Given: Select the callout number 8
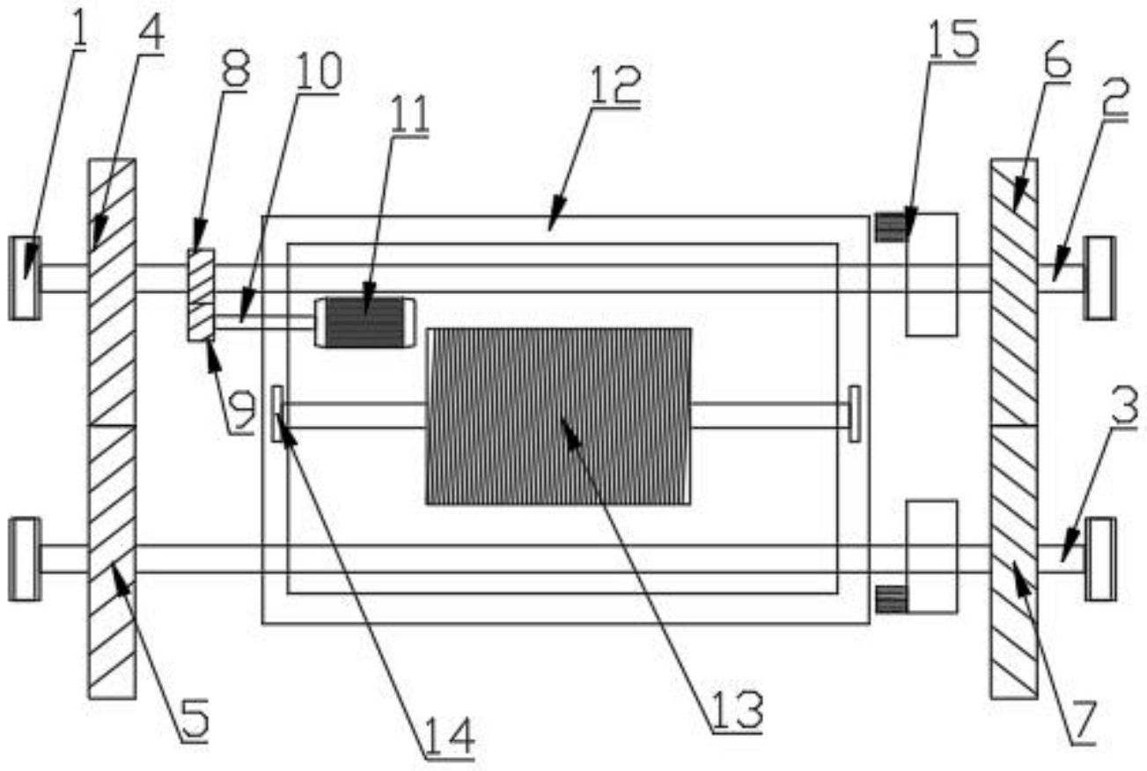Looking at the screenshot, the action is coord(235,70).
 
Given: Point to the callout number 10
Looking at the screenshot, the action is coord(319,70).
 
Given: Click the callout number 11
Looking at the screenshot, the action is coord(409,114).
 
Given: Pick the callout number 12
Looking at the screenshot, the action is coord(616,86).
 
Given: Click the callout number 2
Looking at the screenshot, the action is coord(1115,99).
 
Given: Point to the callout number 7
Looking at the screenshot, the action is coord(1080,723).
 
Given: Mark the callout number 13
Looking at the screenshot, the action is coord(738,711).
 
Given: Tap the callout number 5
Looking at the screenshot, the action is coord(195,720).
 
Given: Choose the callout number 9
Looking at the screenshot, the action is coord(241,411).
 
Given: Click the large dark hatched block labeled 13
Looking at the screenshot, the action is coord(559,416).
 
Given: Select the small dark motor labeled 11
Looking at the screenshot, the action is coord(365,322).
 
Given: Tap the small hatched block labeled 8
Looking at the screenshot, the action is coord(202,295).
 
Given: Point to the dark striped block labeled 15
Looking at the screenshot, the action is coord(891,227).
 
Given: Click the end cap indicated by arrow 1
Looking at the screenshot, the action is coord(26,278).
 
